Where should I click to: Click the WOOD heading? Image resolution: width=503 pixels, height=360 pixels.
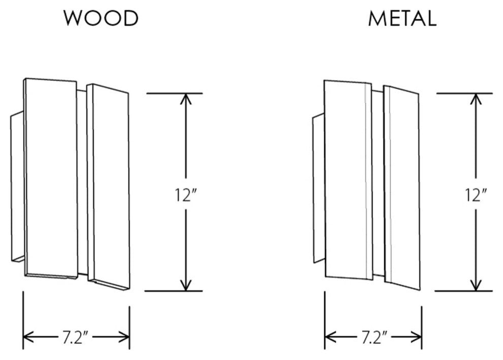coord(101,19)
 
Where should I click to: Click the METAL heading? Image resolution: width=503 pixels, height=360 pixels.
coord(401,19)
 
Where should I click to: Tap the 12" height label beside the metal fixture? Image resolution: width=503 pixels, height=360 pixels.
coord(476,194)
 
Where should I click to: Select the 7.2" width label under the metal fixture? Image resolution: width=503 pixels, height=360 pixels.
coord(374,337)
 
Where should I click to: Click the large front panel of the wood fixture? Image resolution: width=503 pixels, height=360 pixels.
coord(51,178)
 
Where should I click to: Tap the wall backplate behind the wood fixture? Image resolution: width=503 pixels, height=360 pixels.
coord(17,188)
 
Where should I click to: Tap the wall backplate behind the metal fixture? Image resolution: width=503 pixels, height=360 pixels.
coord(318,188)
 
